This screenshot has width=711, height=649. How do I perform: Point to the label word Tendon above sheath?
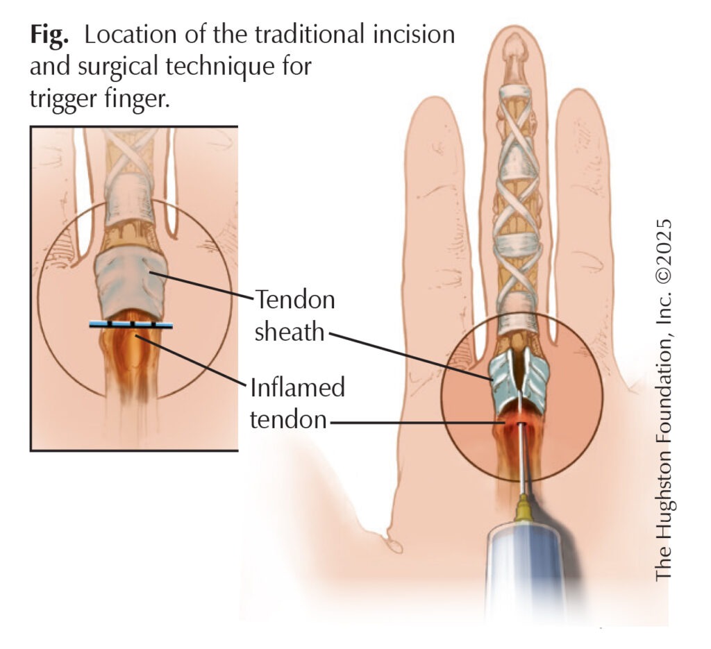point(295,301)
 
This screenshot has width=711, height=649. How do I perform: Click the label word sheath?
point(290,332)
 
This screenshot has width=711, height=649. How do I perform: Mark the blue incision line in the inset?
point(131,325)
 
